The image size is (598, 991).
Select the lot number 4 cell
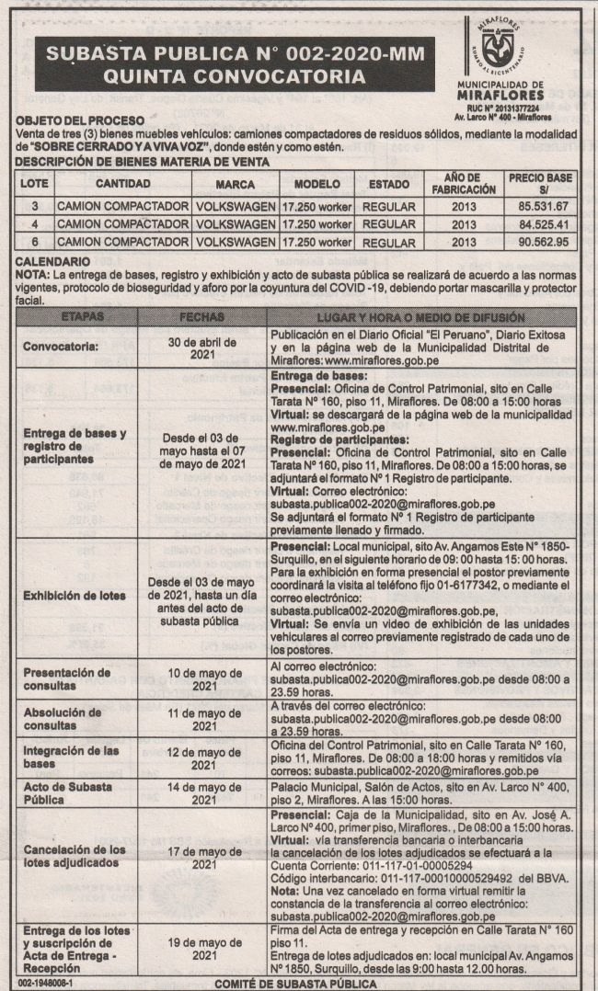click(34, 223)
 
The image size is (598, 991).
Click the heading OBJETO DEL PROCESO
click(80, 121)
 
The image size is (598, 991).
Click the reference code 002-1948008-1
click(43, 983)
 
